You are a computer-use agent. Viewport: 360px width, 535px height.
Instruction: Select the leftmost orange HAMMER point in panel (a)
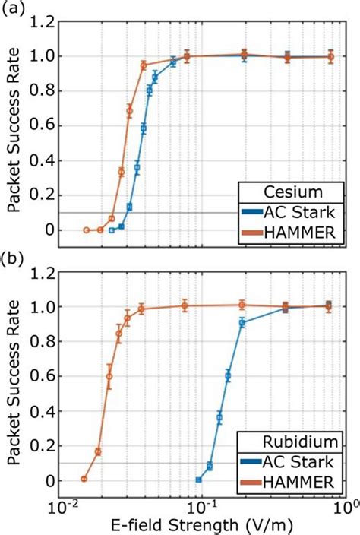[x=87, y=230]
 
